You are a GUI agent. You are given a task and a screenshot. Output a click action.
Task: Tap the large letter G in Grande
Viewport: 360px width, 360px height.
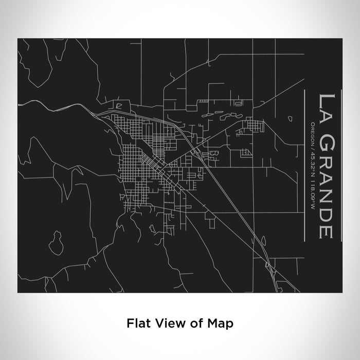[327, 136]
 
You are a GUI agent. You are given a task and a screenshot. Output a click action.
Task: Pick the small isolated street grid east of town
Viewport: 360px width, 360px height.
[253, 124]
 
